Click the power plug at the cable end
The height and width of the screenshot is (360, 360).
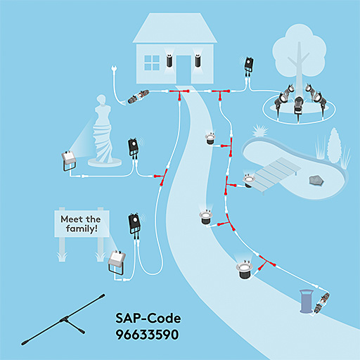114,69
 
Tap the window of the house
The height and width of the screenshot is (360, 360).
152,63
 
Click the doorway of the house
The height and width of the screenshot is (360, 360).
184,70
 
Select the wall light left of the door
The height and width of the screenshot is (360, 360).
169,60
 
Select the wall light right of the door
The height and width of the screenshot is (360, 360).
198,60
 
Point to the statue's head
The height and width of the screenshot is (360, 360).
101,99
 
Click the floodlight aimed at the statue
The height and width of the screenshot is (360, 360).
69,160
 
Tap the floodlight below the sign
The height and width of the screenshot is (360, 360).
117,262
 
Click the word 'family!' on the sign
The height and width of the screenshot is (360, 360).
82,229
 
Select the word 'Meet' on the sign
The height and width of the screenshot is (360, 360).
70,219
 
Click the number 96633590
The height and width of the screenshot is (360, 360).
147,335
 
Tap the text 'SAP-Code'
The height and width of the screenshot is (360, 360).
148,318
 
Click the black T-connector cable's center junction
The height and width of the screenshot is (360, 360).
64,319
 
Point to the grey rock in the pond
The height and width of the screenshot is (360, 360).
316,180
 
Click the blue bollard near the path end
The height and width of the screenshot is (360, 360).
307,301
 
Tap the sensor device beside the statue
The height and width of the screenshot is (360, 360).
134,148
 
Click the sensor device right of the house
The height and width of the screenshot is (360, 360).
249,65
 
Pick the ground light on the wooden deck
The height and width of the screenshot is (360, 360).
249,181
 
